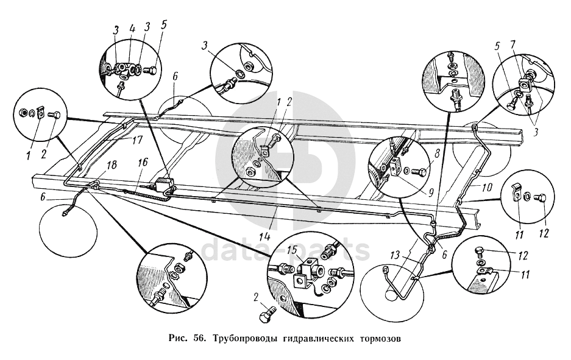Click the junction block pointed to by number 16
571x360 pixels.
coord(164,183)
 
